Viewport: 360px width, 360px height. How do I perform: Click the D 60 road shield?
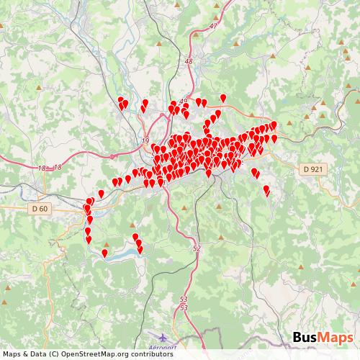[x=41, y=209]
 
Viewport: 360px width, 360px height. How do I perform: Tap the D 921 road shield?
[x=312, y=168]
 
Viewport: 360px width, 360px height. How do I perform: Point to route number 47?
[x=213, y=26]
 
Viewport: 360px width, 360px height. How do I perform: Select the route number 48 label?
[x=189, y=62]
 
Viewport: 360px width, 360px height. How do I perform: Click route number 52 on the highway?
[x=197, y=247]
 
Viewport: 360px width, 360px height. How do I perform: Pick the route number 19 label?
[x=146, y=141]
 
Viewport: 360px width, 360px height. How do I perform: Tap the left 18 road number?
[x=42, y=168]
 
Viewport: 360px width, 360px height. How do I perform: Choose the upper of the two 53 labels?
[x=184, y=299]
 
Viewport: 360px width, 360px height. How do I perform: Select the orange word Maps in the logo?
[x=335, y=338]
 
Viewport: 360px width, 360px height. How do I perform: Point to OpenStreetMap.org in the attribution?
[x=89, y=354]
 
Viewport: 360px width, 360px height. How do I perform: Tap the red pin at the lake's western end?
[x=105, y=253]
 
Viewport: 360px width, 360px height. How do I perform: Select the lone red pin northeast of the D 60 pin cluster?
[x=102, y=194]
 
